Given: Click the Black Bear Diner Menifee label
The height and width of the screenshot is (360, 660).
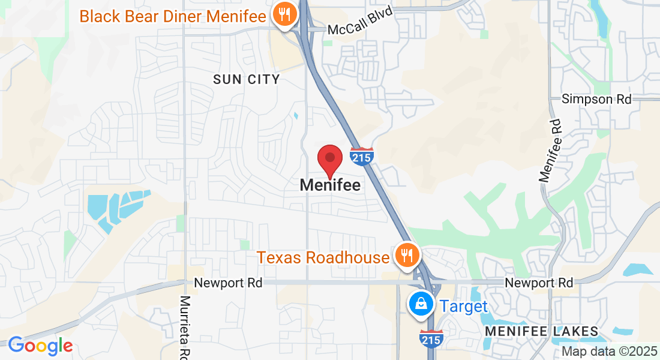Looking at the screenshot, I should click(172, 16).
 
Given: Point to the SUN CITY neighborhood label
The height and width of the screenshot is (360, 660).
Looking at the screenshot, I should click(246, 79).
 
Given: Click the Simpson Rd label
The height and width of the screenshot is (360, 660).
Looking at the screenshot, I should click(596, 99).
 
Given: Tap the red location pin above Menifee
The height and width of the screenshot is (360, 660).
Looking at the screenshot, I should click(329, 160).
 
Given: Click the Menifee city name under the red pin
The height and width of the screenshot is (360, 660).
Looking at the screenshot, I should click(330, 185).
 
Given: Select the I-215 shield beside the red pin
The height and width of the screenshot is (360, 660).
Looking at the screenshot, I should click(362, 156).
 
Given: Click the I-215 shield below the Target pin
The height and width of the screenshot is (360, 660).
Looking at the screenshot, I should click(432, 338).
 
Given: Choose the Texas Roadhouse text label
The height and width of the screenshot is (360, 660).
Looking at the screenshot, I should click(323, 257).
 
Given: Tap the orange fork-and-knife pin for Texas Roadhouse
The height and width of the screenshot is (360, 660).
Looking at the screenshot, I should click(407, 256).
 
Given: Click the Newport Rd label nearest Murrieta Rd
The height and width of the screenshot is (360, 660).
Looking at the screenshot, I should click(228, 283).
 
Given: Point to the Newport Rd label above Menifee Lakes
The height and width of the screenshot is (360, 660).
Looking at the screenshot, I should click(539, 282).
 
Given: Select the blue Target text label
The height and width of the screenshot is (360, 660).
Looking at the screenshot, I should click(464, 306).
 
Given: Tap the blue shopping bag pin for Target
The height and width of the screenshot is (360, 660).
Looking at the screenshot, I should click(422, 304).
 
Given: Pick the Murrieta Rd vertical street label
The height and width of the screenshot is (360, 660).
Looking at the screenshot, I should click(185, 327).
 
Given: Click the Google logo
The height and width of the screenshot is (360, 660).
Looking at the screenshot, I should click(40, 346).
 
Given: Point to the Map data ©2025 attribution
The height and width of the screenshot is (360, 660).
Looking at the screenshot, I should click(609, 352).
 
